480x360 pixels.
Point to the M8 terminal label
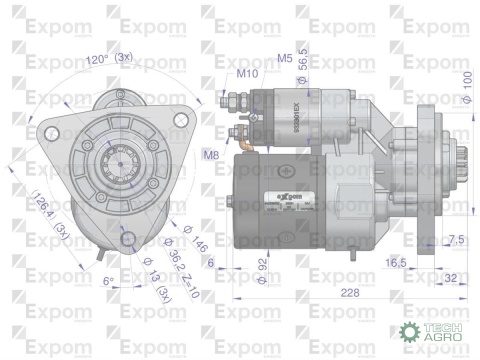point(211,153)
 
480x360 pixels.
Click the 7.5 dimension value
point(456,239)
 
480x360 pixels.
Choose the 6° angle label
point(107,281)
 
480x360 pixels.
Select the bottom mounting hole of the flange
point(124,237)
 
